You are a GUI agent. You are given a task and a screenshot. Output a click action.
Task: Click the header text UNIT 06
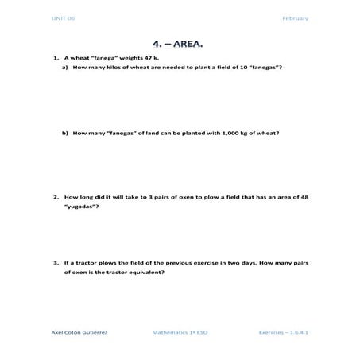[61, 18]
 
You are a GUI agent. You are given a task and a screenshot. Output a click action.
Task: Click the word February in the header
[295, 18]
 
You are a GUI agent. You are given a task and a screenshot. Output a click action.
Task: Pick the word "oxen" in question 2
[175, 196]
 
